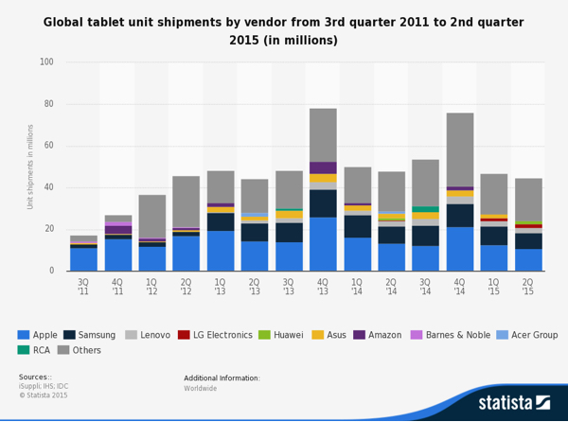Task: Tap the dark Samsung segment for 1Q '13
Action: point(221,221)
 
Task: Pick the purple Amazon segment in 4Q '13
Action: point(323,167)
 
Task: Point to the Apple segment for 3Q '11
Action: point(83,259)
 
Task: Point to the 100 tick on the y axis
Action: point(46,62)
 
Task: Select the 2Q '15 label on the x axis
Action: point(528,288)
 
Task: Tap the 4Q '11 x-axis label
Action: point(118,288)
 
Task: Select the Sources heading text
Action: point(34,377)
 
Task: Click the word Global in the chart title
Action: point(68,22)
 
